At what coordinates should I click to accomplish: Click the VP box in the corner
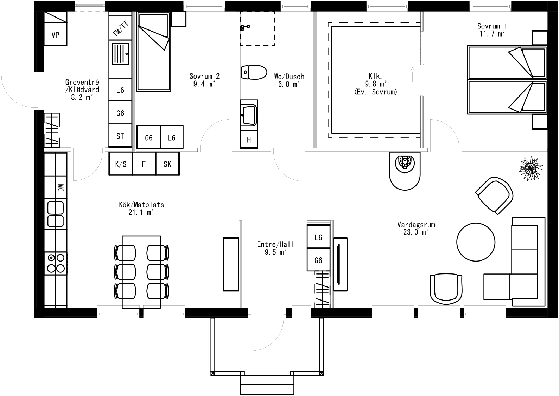pyautogui.click(x=55, y=35)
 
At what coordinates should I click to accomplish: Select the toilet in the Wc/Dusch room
pyautogui.click(x=254, y=72)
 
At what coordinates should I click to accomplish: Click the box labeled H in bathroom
pyautogui.click(x=249, y=139)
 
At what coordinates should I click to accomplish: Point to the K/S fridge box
pyautogui.click(x=121, y=164)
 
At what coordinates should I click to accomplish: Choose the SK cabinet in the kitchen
pyautogui.click(x=167, y=164)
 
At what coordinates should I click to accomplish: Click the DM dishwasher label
pyautogui.click(x=61, y=188)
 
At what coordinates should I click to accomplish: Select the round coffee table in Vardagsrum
pyautogui.click(x=476, y=242)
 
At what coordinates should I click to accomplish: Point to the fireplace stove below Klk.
pyautogui.click(x=405, y=170)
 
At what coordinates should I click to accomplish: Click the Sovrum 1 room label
pyautogui.click(x=492, y=26)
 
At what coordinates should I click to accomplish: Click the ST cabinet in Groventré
pyautogui.click(x=120, y=136)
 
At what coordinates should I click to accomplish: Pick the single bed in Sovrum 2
pyautogui.click(x=153, y=52)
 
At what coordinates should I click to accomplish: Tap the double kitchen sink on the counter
pyautogui.click(x=56, y=214)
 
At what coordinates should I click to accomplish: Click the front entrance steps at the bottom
pyautogui.click(x=267, y=384)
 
